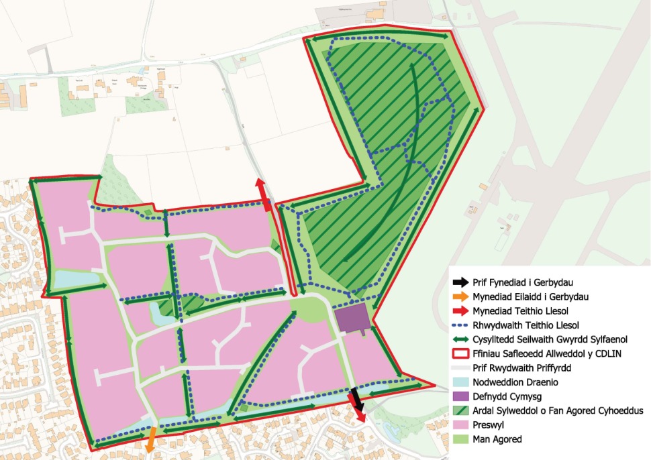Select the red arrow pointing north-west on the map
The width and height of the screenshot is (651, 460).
[263, 195]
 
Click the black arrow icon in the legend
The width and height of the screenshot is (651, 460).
[459, 282]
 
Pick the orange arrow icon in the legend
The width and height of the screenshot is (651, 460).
[459, 296]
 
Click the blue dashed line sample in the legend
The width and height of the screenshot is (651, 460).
[459, 325]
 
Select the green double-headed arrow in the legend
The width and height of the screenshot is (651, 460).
[459, 339]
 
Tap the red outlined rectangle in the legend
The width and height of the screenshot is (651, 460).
[459, 354]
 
